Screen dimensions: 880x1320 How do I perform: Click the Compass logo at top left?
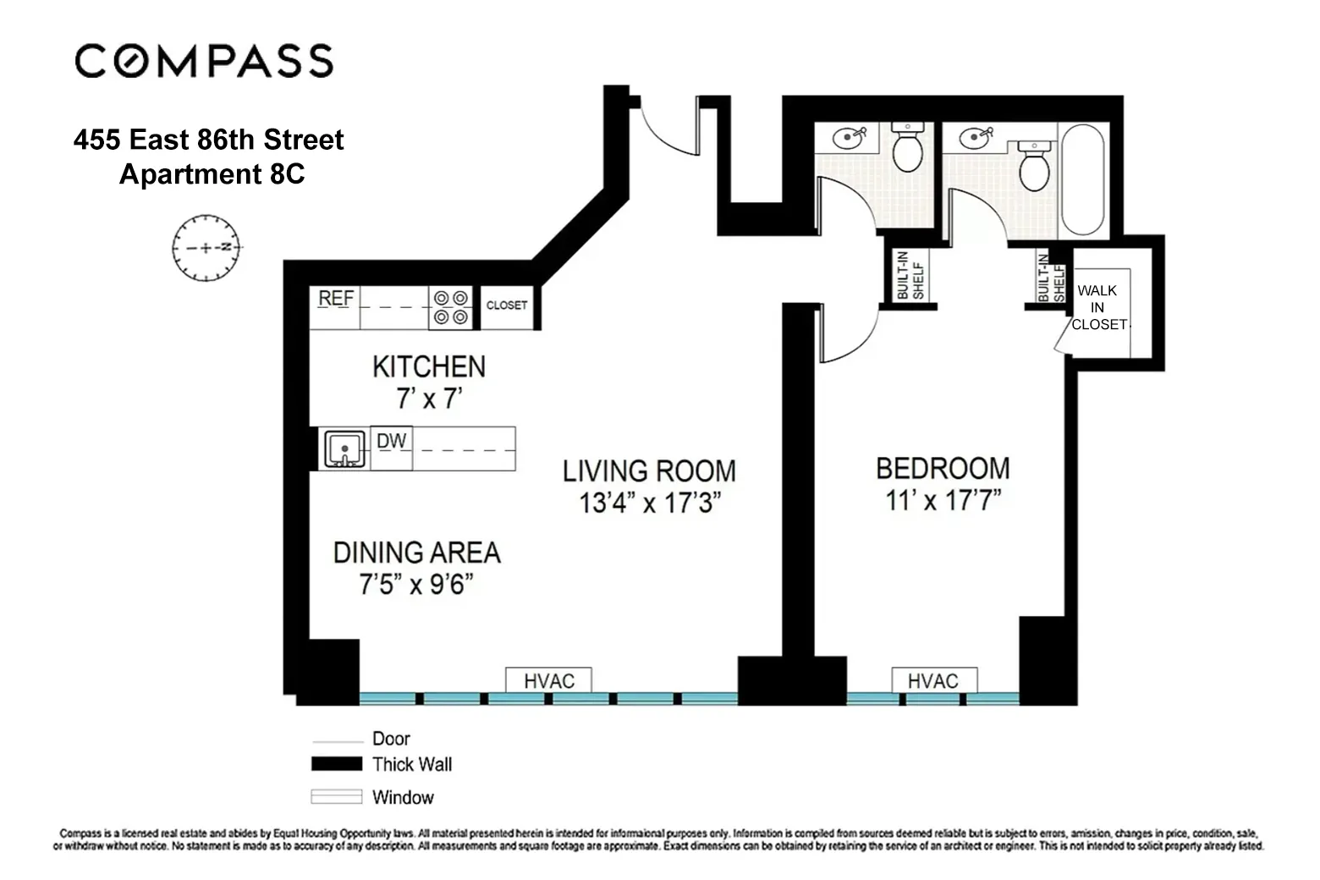pyautogui.click(x=204, y=61)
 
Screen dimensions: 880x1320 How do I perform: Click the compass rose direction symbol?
pyautogui.click(x=206, y=248)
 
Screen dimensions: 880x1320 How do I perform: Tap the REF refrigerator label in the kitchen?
pyautogui.click(x=336, y=299)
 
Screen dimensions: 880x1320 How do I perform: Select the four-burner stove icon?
pyautogui.click(x=450, y=307)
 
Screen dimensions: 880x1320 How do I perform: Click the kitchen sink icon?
pyautogui.click(x=344, y=448)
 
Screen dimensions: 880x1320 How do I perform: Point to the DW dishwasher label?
pyautogui.click(x=391, y=441)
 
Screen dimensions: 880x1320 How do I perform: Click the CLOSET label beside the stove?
pyautogui.click(x=506, y=305)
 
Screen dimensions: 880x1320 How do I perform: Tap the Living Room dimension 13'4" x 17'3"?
pyautogui.click(x=649, y=503)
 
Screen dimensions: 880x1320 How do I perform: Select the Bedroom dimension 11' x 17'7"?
pyautogui.click(x=943, y=500)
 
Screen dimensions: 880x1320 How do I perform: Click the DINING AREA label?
pyautogui.click(x=416, y=553)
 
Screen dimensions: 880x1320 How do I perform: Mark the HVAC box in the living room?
pyautogui.click(x=548, y=681)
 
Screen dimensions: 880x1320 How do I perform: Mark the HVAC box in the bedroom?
pyautogui.click(x=933, y=681)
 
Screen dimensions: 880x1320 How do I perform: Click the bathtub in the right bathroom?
pyautogui.click(x=1082, y=179)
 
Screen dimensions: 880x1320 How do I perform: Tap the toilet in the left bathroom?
pyautogui.click(x=907, y=148)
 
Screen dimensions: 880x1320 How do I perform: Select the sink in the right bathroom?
pyautogui.click(x=976, y=136)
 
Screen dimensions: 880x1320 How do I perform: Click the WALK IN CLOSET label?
pyautogui.click(x=1098, y=307)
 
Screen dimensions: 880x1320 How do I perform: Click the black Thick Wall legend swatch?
pyautogui.click(x=336, y=764)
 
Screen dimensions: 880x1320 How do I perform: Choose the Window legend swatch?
pyautogui.click(x=336, y=797)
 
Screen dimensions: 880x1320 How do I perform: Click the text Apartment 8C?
pyautogui.click(x=212, y=174)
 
